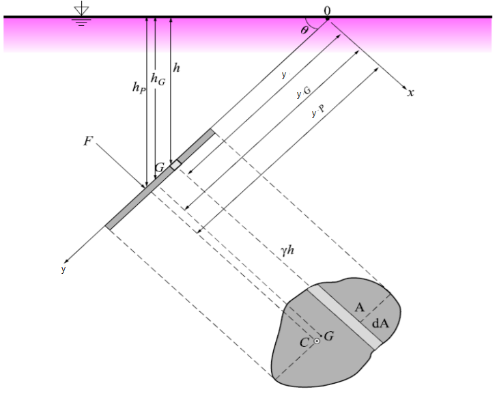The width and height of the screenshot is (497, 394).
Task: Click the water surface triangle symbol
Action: pyautogui.click(x=81, y=11)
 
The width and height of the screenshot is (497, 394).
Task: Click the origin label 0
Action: pyautogui.click(x=327, y=11)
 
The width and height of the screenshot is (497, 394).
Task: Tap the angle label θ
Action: pyautogui.click(x=304, y=30)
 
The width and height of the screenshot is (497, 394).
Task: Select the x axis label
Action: pyautogui.click(x=411, y=93)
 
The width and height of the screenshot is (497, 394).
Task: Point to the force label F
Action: pyautogui.click(x=88, y=141)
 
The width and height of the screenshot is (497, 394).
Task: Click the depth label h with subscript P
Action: pyautogui.click(x=139, y=87)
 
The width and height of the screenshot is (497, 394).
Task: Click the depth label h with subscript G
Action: pyautogui.click(x=158, y=79)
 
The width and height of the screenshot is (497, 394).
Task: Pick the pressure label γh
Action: pyautogui.click(x=287, y=251)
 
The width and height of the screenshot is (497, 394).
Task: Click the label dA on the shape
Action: pyautogui.click(x=380, y=323)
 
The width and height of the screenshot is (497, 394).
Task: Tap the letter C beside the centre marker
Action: pyautogui.click(x=304, y=342)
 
